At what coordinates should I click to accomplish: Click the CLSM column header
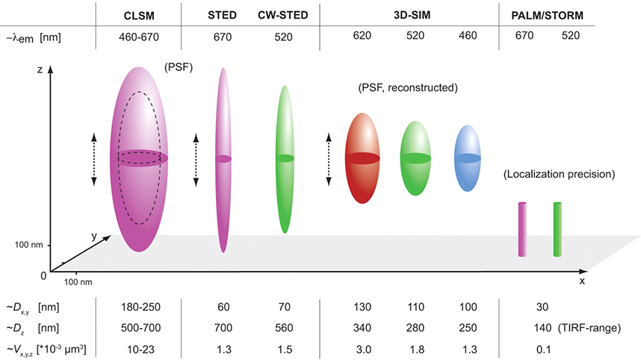coord(139,16)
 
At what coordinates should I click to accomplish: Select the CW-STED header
coord(283,16)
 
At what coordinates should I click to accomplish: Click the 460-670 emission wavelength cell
coord(139,36)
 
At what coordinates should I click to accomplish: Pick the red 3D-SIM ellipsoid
coord(362,158)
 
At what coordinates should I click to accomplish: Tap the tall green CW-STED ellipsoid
coord(284,158)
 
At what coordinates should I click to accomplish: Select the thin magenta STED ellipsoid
coord(223,159)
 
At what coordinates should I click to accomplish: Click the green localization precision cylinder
coord(557,229)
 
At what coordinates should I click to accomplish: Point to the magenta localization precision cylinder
coord(523,229)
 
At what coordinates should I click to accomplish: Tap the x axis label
coord(581,282)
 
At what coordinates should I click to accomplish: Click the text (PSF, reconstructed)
coord(408,87)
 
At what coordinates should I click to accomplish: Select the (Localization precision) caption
coord(559,175)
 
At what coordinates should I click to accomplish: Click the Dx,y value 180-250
coord(139,307)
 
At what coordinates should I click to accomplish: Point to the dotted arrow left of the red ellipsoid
coord(329,158)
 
